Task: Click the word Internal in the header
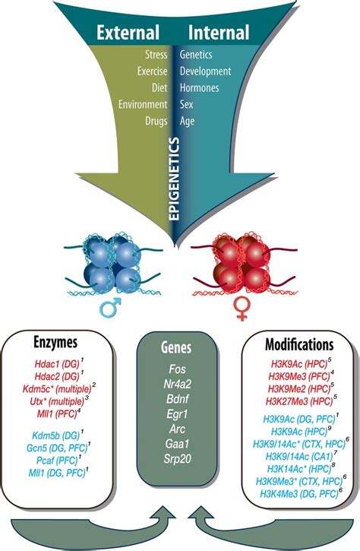coord(220,33)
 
